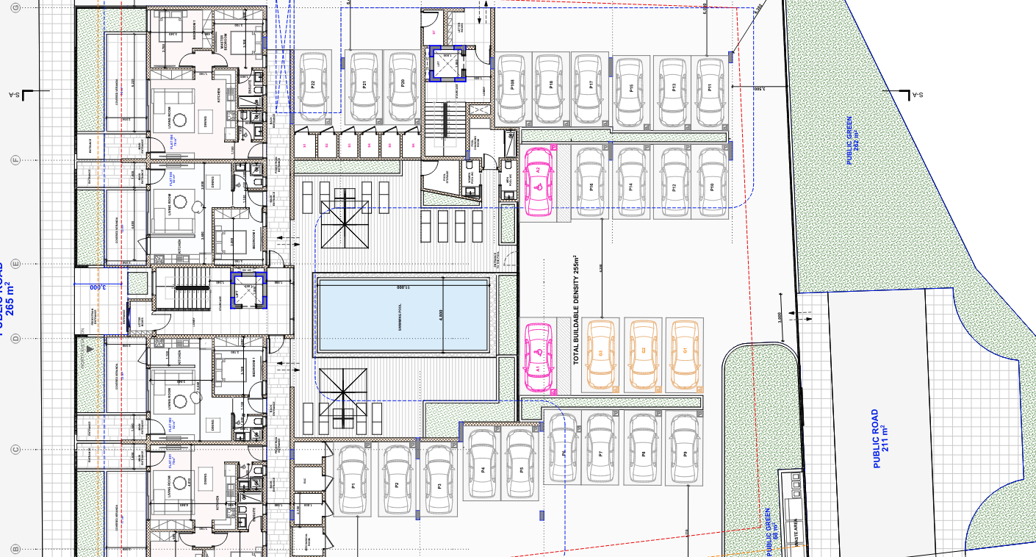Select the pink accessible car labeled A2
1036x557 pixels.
pos(539,182)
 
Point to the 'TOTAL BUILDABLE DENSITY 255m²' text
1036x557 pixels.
pos(577,311)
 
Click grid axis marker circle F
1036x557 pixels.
pos(15,159)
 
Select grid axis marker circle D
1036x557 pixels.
pos(15,338)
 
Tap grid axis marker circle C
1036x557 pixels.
pos(15,450)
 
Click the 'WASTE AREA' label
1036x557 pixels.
pos(798,531)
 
